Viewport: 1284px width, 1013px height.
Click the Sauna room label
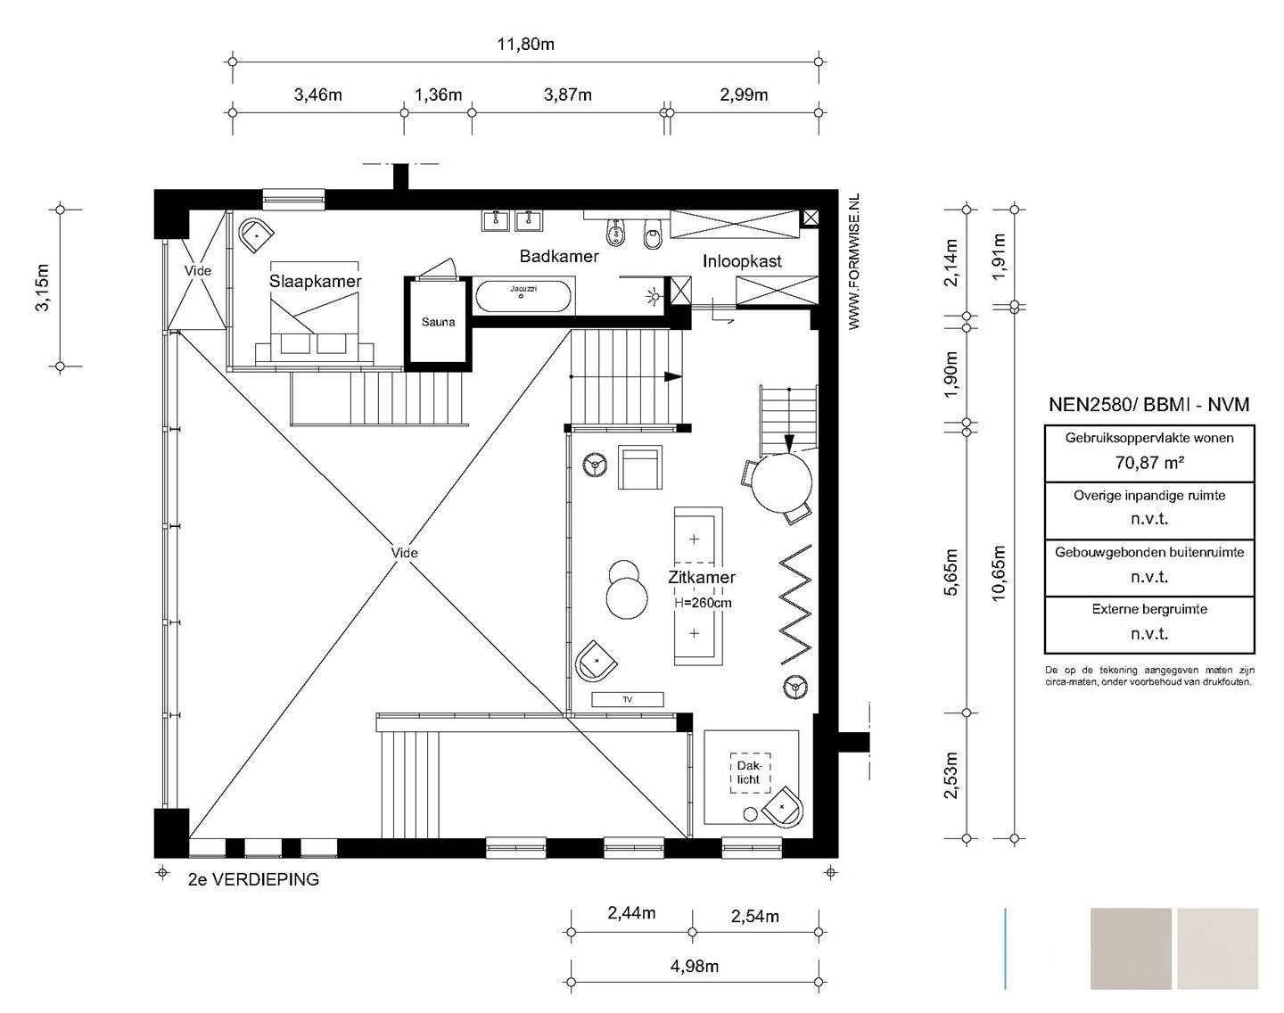click(438, 322)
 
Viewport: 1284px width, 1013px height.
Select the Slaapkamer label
click(315, 281)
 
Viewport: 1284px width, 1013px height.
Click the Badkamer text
click(559, 256)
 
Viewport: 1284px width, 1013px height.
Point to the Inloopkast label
click(742, 261)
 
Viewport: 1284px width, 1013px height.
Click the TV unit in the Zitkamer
click(627, 699)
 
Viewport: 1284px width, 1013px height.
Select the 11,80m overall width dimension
click(526, 45)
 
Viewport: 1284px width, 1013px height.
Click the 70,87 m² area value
click(1149, 462)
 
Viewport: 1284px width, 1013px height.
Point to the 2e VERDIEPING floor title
click(253, 879)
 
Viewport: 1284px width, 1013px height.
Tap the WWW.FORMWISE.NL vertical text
click(854, 261)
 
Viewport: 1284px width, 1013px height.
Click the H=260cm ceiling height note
click(703, 603)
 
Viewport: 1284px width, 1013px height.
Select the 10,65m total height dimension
click(1000, 573)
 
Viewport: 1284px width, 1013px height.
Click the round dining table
click(781, 483)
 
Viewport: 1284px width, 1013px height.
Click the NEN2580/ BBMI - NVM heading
click(1149, 405)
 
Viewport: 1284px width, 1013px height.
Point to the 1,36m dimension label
click(439, 95)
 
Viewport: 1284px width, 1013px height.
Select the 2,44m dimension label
click(632, 913)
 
